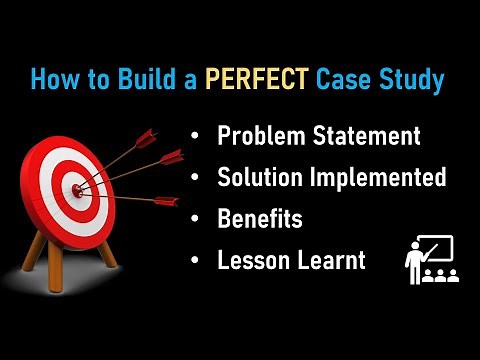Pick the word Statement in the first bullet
tap(366, 135)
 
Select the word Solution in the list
tap(260, 178)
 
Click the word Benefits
tap(259, 219)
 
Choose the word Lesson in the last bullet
tap(252, 261)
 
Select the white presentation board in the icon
tap(438, 248)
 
